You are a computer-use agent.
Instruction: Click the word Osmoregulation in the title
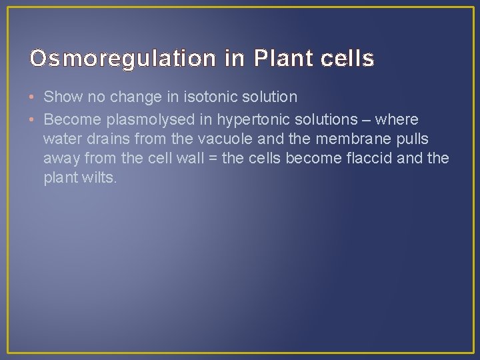(x=123, y=59)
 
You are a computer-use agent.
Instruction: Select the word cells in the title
(x=348, y=59)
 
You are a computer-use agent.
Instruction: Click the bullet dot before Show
(x=33, y=97)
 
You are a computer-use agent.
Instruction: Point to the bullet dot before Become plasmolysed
(x=33, y=120)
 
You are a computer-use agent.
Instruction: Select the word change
(x=133, y=97)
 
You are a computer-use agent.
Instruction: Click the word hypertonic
(x=250, y=120)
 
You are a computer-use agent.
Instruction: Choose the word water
(x=61, y=139)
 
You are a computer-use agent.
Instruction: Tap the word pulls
(x=411, y=139)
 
